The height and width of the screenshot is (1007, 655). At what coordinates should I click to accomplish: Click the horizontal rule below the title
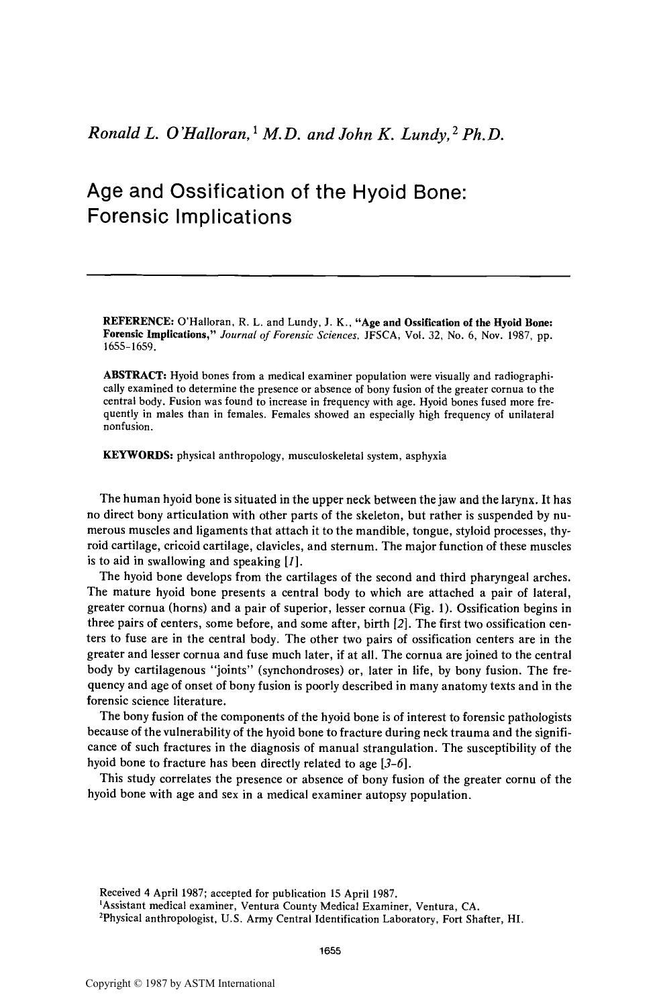coord(328,275)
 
